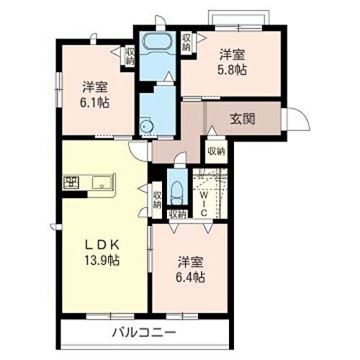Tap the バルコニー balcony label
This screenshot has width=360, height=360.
tap(144, 333)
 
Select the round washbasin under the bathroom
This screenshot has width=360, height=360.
tap(148, 127)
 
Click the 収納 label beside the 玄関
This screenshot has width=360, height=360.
tap(215, 151)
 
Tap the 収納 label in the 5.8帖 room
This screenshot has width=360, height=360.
tap(187, 42)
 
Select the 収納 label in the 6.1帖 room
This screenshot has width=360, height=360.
tap(130, 56)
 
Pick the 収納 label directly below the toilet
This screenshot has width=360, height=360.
tap(177, 214)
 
